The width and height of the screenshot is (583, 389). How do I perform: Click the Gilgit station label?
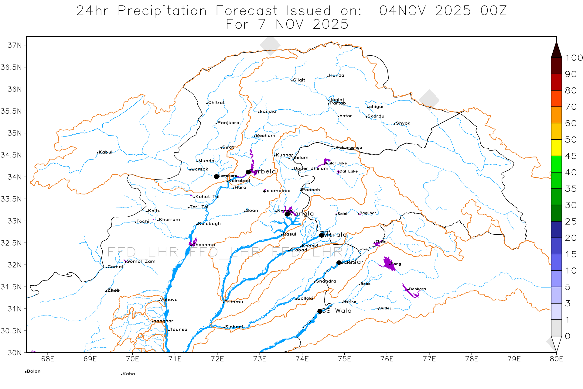pyautogui.click(x=299, y=80)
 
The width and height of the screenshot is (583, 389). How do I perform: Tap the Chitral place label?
pyautogui.click(x=216, y=103)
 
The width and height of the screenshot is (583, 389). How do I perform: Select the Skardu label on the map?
pyautogui.click(x=376, y=116)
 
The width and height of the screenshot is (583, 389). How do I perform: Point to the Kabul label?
pyautogui.click(x=105, y=152)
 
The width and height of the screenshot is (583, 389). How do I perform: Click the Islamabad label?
pyautogui.click(x=278, y=191)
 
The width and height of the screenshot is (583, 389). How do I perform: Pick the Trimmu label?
pyautogui.click(x=234, y=302)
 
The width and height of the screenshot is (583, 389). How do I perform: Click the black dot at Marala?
pyautogui.click(x=322, y=235)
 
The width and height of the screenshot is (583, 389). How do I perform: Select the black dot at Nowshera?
pyautogui.click(x=216, y=177)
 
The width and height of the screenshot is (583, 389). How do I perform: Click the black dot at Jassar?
pyautogui.click(x=339, y=263)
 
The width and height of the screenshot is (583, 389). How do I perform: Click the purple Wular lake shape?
pyautogui.click(x=326, y=161)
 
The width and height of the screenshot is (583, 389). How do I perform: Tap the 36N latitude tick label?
pyautogui.click(x=15, y=89)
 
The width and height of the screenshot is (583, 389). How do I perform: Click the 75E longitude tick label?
pyautogui.click(x=344, y=359)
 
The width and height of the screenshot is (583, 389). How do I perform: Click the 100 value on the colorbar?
pyautogui.click(x=574, y=58)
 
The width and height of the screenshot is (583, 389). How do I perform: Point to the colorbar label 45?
pyautogui.click(x=571, y=156)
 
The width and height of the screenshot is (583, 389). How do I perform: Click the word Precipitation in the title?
pyautogui.click(x=162, y=11)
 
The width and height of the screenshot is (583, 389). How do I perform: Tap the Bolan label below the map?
pyautogui.click(x=33, y=371)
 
